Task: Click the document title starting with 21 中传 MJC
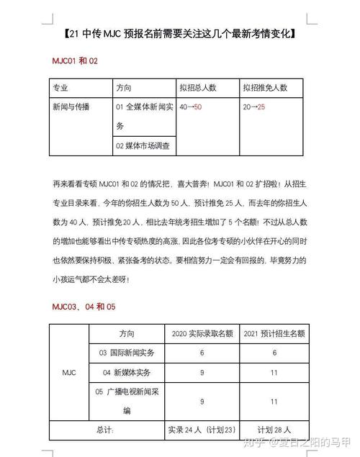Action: [x=180, y=34]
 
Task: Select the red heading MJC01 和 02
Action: [x=73, y=61]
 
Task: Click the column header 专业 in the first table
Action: [x=60, y=88]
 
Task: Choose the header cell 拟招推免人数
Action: [x=265, y=88]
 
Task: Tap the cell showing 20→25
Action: [x=253, y=107]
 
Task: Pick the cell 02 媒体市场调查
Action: [x=143, y=145]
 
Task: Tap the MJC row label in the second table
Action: [x=71, y=372]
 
